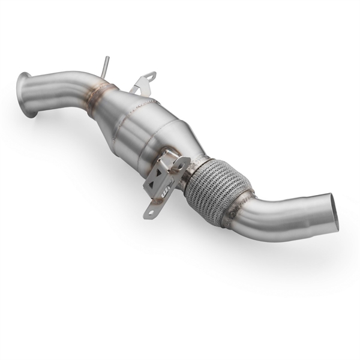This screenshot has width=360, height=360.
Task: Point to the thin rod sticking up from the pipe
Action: [x=106, y=67]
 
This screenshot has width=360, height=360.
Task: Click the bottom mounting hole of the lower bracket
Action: [x=149, y=211]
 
